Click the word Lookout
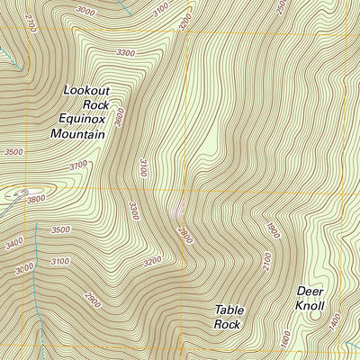88,90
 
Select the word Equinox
82,119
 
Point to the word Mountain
77,134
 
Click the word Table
229,310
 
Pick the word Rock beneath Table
227,324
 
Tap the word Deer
310,291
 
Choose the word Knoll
310,305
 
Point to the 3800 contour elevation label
35,199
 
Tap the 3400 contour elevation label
14,244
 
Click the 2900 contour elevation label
91,301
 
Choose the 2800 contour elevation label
184,237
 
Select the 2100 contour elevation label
266,262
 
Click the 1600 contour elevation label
285,340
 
